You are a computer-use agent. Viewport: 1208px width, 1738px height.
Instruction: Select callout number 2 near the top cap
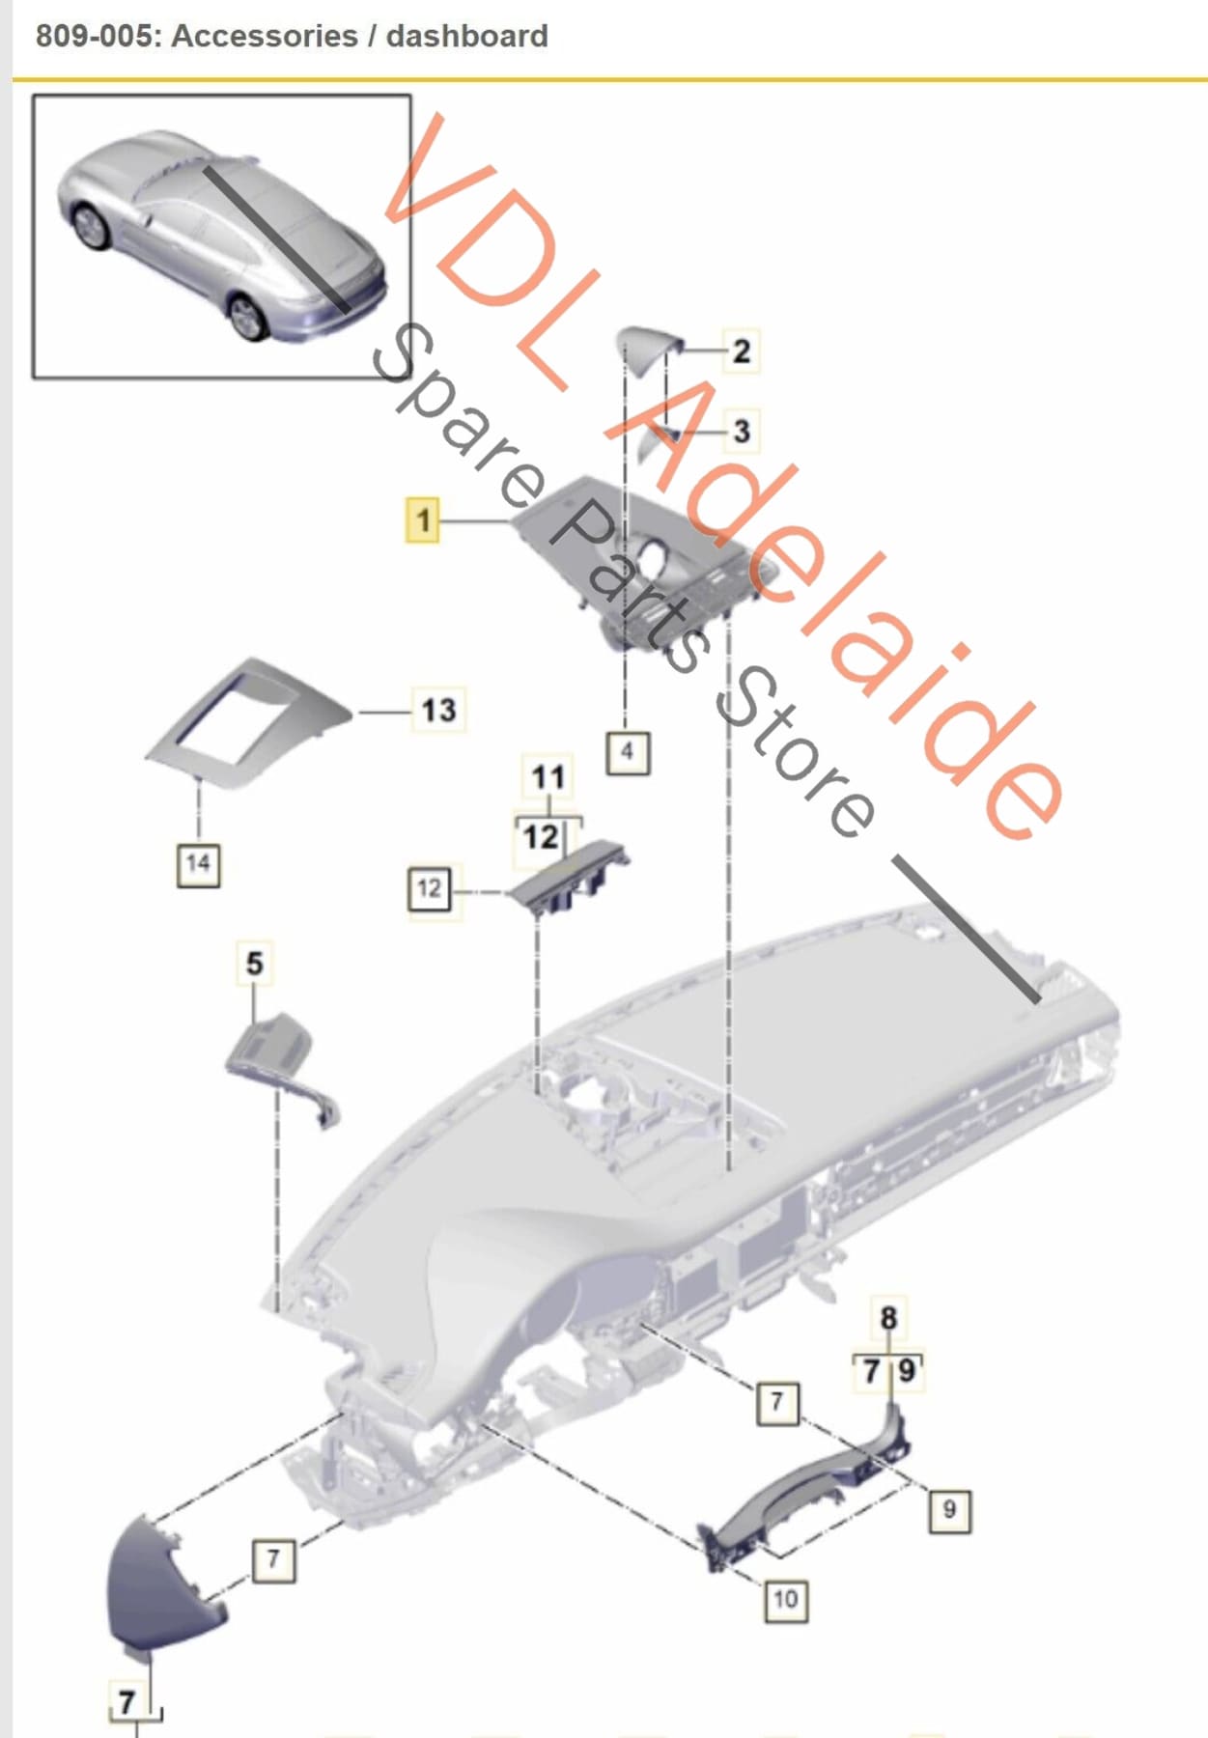(741, 350)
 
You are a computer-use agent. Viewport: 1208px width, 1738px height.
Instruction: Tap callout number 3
(741, 431)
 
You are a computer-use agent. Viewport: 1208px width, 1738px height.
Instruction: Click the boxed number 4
(627, 751)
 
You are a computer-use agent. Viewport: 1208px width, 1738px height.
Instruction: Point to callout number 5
(254, 963)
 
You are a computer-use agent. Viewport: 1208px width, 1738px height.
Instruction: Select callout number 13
(438, 710)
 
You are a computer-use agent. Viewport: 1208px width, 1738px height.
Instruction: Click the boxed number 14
(198, 863)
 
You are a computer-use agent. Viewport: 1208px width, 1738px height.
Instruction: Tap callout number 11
(548, 776)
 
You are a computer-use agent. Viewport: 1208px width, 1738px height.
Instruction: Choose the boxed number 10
(785, 1599)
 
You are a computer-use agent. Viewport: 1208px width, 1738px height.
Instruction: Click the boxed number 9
(948, 1509)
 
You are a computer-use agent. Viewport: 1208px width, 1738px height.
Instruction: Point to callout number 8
(888, 1318)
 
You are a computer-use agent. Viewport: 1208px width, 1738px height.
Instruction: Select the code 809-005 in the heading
(94, 36)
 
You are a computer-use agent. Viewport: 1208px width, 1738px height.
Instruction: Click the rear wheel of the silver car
(249, 318)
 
